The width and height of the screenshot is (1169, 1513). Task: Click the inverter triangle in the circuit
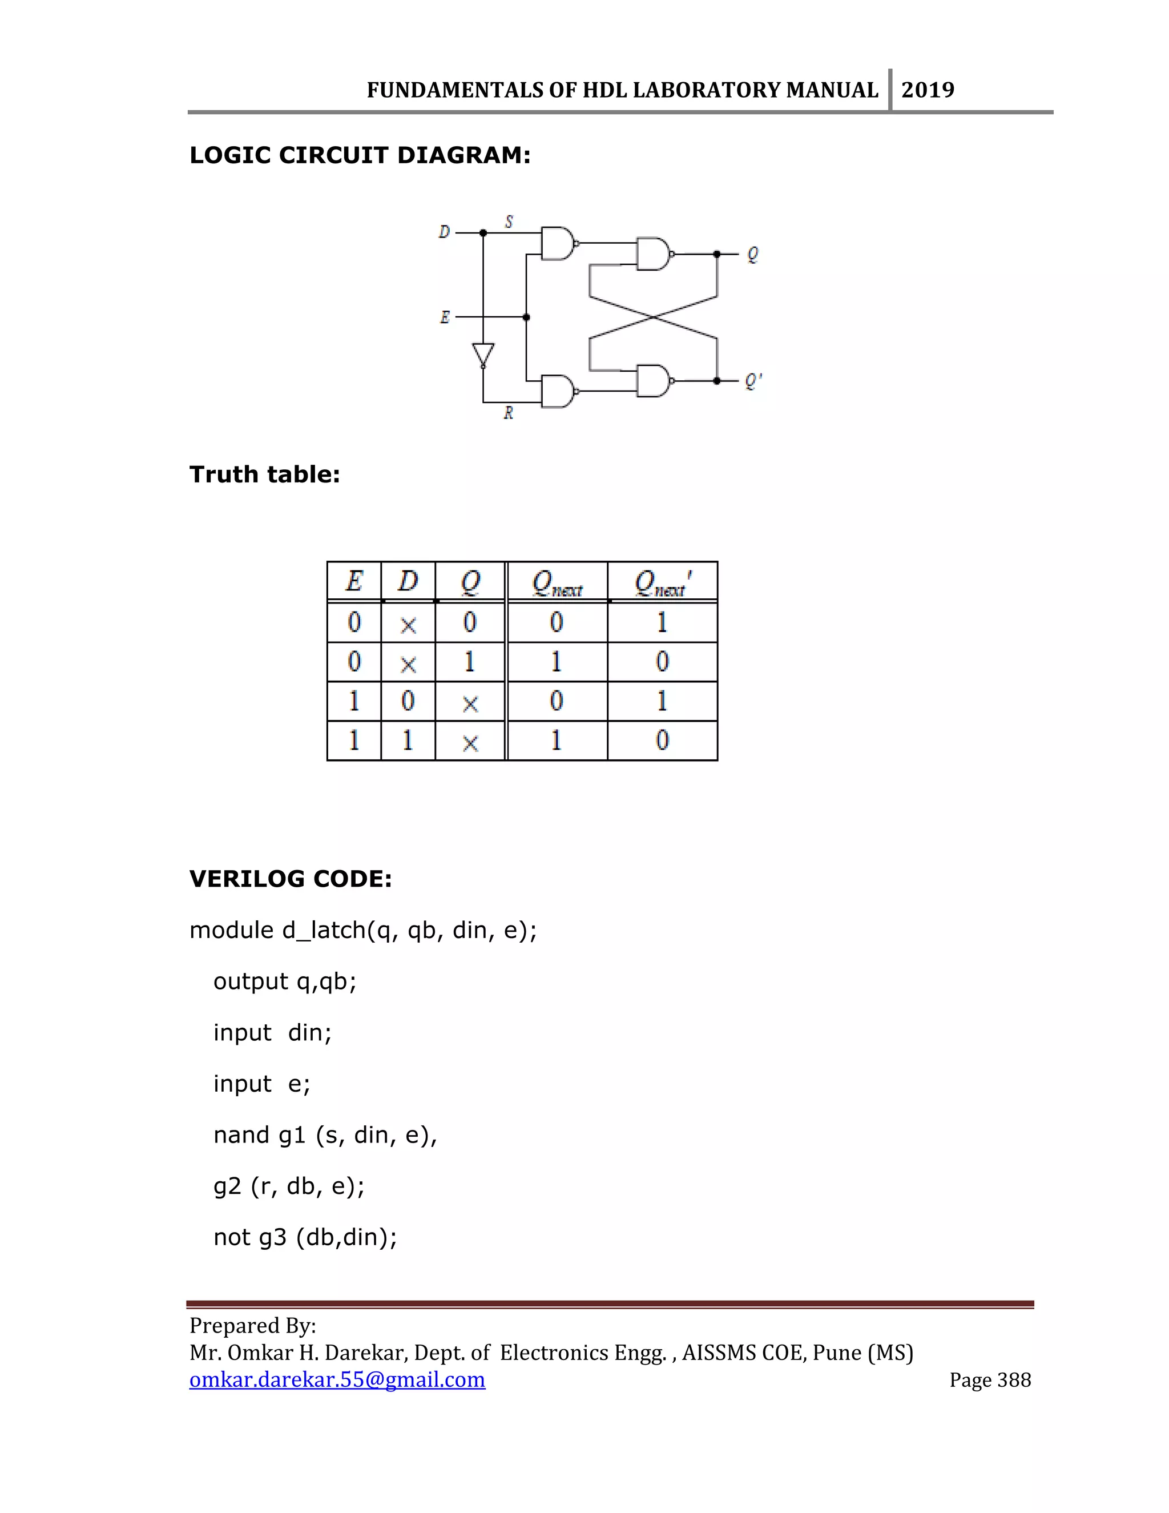[x=483, y=355]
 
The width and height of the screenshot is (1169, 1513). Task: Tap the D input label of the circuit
[x=444, y=232]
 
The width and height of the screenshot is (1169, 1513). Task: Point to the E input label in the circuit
[x=445, y=317]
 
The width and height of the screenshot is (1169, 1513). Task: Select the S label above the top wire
[x=509, y=222]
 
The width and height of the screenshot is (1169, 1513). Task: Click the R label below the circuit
[x=509, y=413]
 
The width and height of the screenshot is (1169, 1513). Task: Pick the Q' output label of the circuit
[x=753, y=381]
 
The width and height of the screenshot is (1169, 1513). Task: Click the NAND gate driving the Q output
[x=654, y=254]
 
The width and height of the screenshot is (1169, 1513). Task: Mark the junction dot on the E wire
[x=526, y=317]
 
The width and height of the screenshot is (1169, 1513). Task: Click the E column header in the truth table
[x=354, y=581]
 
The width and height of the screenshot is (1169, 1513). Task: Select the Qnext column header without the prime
[x=557, y=582]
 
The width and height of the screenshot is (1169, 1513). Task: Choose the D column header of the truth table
[x=408, y=581]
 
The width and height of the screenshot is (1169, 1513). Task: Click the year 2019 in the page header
[x=928, y=90]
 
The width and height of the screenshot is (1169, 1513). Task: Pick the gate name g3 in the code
[x=273, y=1237]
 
